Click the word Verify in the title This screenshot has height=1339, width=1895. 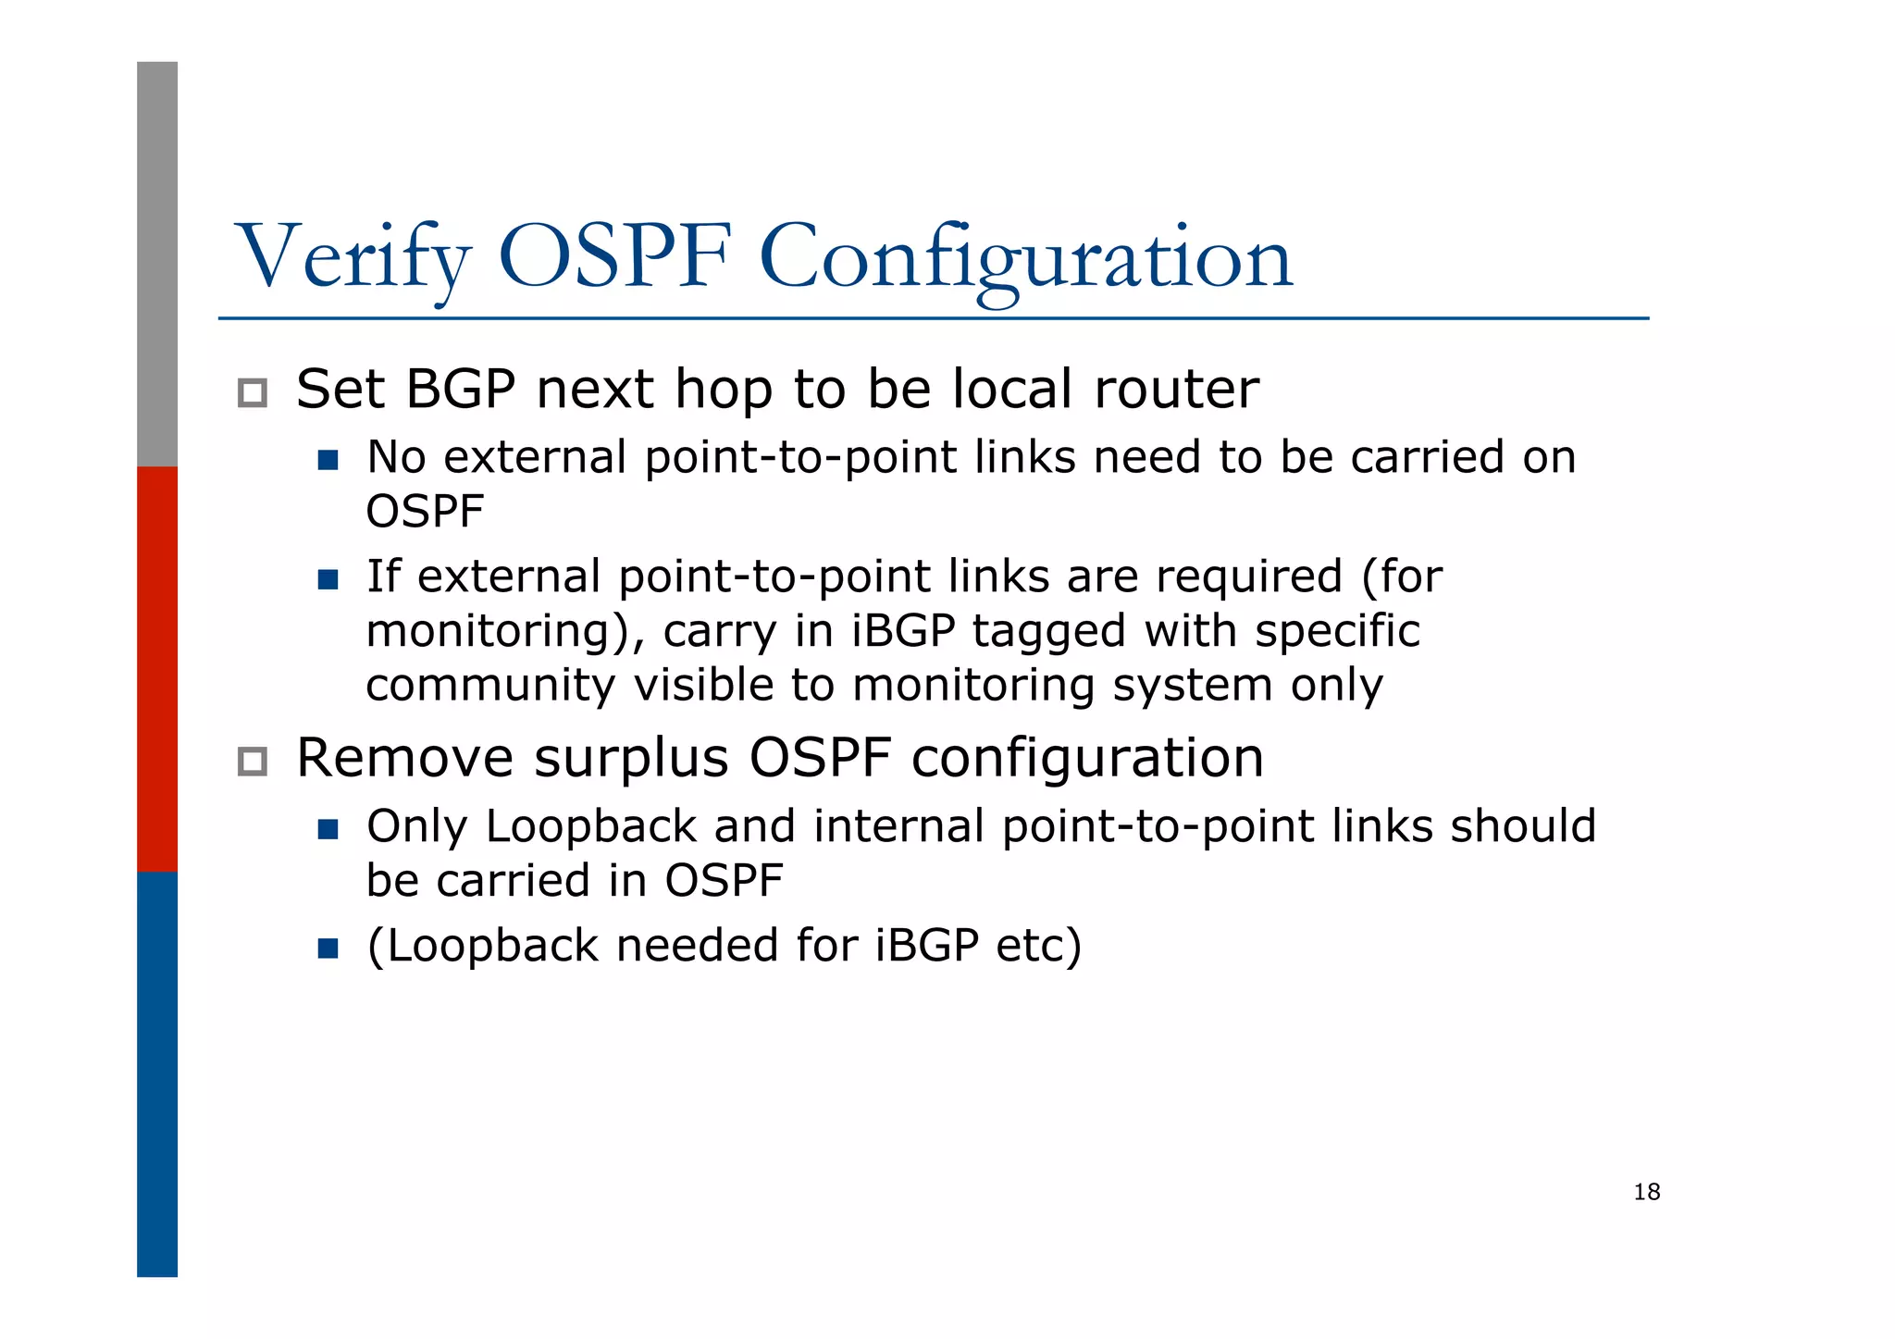[x=354, y=257]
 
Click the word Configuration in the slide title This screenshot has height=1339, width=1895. [x=1025, y=257]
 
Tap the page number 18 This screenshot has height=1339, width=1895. [x=1646, y=1192]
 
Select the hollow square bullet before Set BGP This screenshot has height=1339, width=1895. [x=252, y=393]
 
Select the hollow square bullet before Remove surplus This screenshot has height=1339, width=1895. [x=252, y=762]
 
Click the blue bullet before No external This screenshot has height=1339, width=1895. [x=328, y=460]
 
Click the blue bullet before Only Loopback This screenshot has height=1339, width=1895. [x=328, y=828]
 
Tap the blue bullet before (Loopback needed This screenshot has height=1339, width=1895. [x=328, y=948]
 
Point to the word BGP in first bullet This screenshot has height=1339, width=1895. [x=460, y=389]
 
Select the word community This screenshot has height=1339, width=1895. [x=489, y=686]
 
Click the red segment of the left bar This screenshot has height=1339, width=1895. [x=157, y=668]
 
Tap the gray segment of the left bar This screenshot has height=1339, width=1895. [x=157, y=264]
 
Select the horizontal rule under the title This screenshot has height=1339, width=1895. [x=933, y=318]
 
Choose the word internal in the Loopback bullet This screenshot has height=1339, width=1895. [x=898, y=826]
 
